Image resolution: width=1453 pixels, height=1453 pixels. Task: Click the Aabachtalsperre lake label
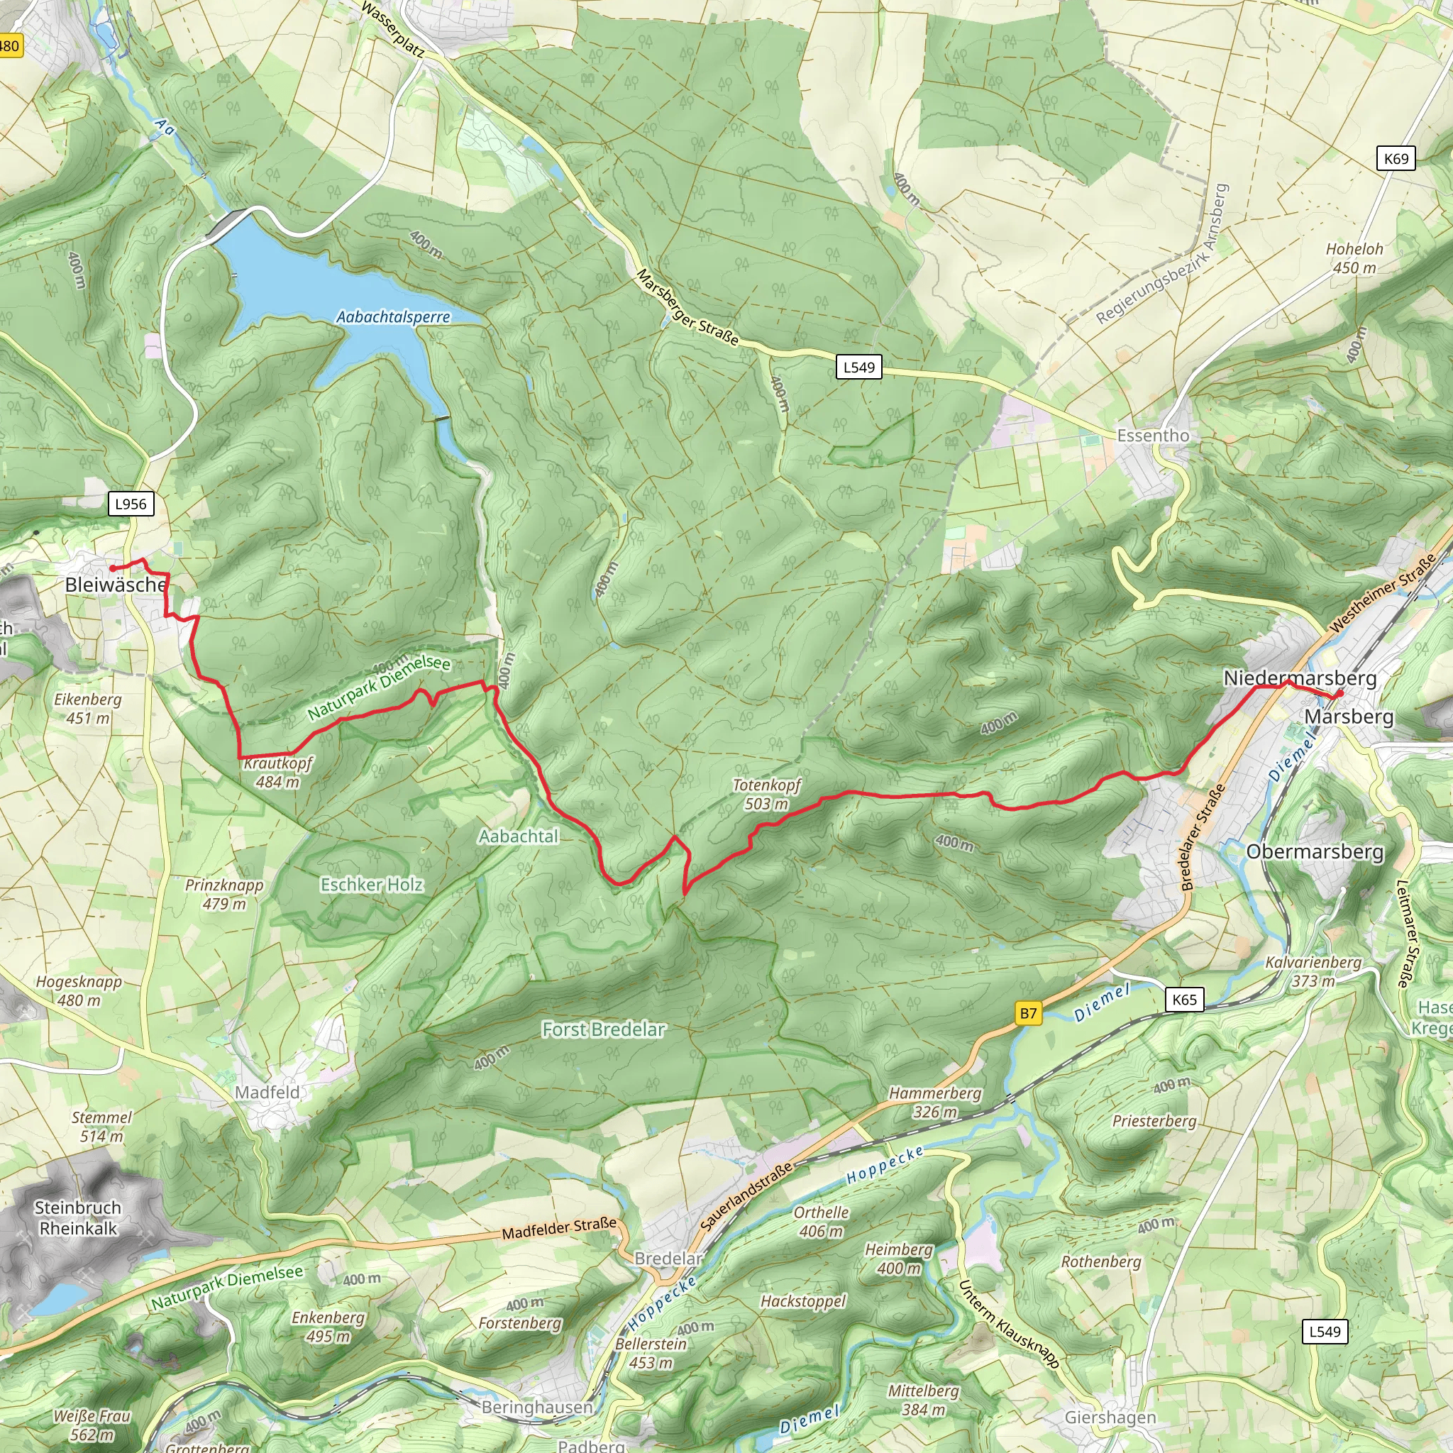392,316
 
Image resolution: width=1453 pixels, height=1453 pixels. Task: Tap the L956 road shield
131,504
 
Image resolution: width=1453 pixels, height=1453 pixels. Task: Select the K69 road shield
1396,159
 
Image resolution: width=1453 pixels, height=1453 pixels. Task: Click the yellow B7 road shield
1028,1013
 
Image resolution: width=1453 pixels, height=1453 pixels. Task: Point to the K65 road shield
1185,1000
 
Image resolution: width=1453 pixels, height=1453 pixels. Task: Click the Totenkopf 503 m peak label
766,794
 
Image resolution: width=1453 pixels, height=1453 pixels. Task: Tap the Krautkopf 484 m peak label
277,773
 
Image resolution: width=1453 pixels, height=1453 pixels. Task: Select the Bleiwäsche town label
116,585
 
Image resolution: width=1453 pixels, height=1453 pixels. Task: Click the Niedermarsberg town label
1300,678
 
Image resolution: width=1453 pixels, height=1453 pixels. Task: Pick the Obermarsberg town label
1315,851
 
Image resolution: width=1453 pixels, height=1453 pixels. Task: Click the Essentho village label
1153,436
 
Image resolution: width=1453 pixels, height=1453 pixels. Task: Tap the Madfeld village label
267,1092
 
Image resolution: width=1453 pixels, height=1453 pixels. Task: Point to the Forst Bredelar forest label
604,1029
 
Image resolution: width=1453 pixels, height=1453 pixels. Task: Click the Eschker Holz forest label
372,885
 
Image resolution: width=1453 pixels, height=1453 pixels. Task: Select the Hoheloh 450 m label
1354,258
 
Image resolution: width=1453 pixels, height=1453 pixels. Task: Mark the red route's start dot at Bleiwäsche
112,568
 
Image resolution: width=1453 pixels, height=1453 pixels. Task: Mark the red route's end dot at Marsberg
1340,692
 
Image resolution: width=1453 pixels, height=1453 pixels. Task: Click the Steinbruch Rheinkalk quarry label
78,1217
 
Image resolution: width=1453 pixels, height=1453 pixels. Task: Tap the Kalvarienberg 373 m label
1313,972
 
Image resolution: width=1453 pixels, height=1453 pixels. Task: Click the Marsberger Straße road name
687,308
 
